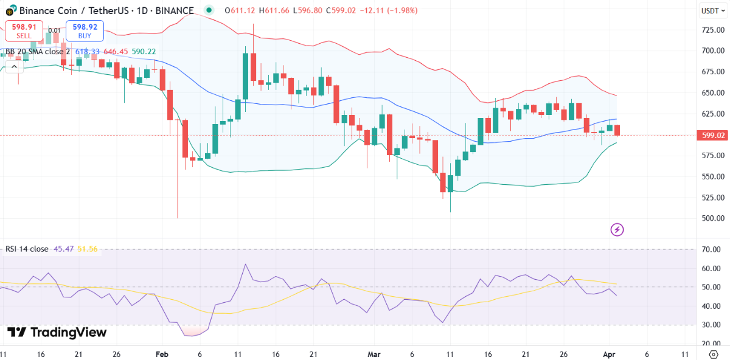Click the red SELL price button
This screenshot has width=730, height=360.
point(24,31)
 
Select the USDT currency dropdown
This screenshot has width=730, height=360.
point(710,10)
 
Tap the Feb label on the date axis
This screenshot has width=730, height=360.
point(162,354)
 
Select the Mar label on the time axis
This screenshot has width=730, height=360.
point(374,354)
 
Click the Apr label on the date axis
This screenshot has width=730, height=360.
point(609,354)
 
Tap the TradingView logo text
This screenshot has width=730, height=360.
point(57,333)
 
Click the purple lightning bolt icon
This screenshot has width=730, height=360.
point(617,229)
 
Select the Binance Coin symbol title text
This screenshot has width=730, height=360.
point(106,10)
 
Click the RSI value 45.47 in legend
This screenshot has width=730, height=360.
point(63,249)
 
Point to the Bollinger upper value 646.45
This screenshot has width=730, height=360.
point(116,52)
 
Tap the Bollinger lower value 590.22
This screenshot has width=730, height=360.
point(144,52)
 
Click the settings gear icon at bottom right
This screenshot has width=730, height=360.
point(714,354)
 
